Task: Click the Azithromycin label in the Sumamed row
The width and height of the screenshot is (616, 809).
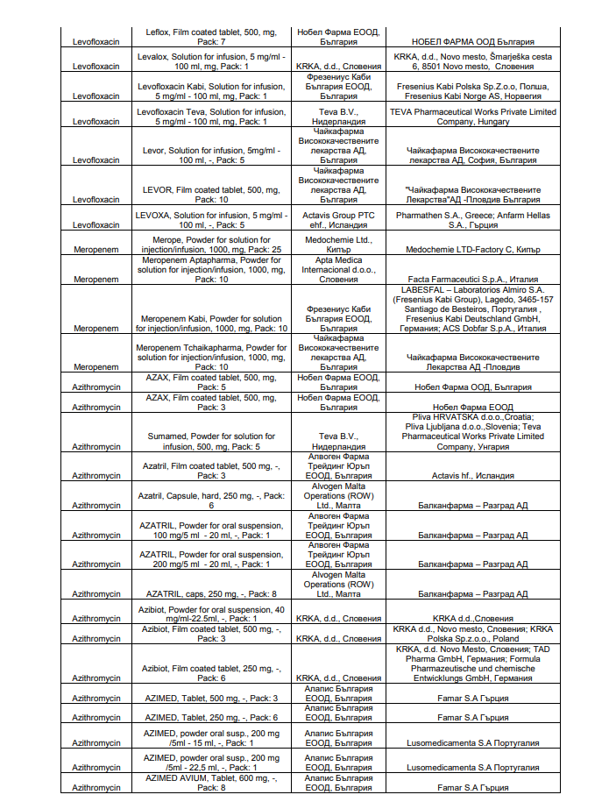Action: click(96, 446)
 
